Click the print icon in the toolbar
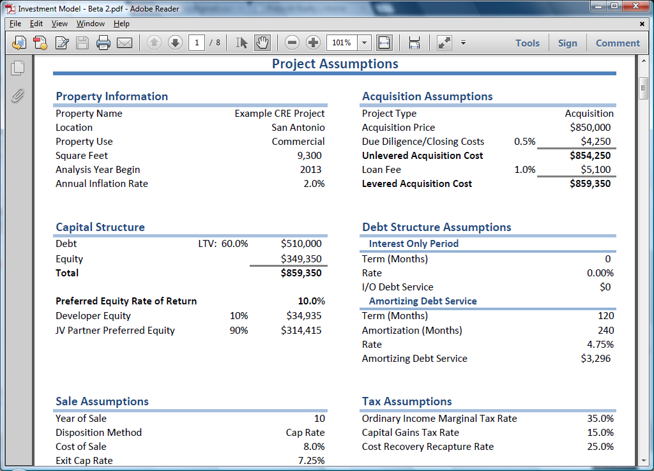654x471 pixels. click(103, 43)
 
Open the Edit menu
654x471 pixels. click(36, 24)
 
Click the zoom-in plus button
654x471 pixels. click(313, 43)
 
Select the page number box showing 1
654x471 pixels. click(197, 43)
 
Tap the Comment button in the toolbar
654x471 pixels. click(618, 43)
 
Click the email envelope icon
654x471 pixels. click(125, 43)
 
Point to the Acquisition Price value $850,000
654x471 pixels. click(590, 128)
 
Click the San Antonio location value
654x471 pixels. click(298, 128)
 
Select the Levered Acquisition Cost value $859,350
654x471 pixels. click(590, 184)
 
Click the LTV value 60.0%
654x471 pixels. click(234, 244)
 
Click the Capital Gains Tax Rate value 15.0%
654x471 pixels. click(600, 433)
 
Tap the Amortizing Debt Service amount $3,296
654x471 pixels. click(596, 359)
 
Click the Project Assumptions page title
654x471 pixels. click(335, 64)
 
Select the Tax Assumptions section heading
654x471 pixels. click(407, 401)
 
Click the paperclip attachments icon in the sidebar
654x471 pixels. click(17, 96)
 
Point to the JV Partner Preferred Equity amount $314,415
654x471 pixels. click(301, 331)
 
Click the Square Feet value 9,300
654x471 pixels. click(310, 156)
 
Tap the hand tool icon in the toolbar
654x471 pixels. click(262, 43)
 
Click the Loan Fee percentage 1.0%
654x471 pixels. click(525, 170)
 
